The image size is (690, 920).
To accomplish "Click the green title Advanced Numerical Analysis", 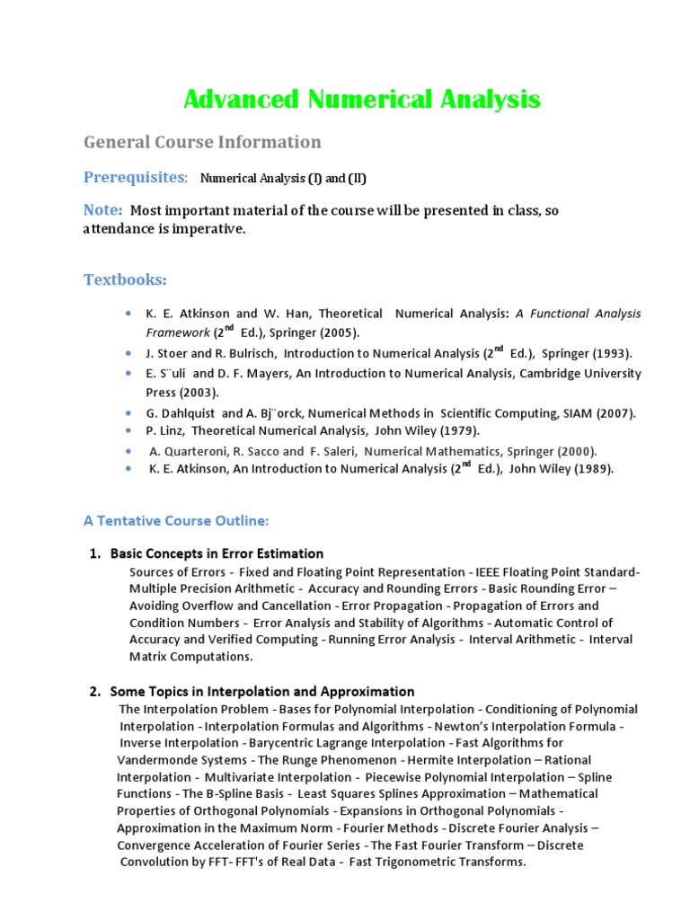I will (x=362, y=99).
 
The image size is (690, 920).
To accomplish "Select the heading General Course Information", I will (x=202, y=142).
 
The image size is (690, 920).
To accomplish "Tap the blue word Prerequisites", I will (x=134, y=177).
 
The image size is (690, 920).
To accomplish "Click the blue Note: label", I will (x=103, y=209).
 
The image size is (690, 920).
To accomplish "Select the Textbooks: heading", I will (x=125, y=279).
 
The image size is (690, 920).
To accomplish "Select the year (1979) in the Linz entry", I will (x=461, y=430).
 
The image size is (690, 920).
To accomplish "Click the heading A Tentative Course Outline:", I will (x=176, y=520).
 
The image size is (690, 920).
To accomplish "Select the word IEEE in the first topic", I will (x=490, y=571).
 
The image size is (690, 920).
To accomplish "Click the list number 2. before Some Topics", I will (x=95, y=692).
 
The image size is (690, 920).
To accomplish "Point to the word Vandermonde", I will (x=156, y=759).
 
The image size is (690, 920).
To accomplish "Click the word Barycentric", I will (x=282, y=743).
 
